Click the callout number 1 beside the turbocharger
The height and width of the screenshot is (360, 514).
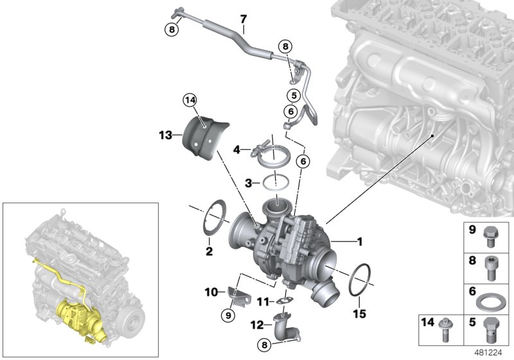tap(360, 242)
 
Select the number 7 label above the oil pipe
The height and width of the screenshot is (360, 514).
tap(243, 19)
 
